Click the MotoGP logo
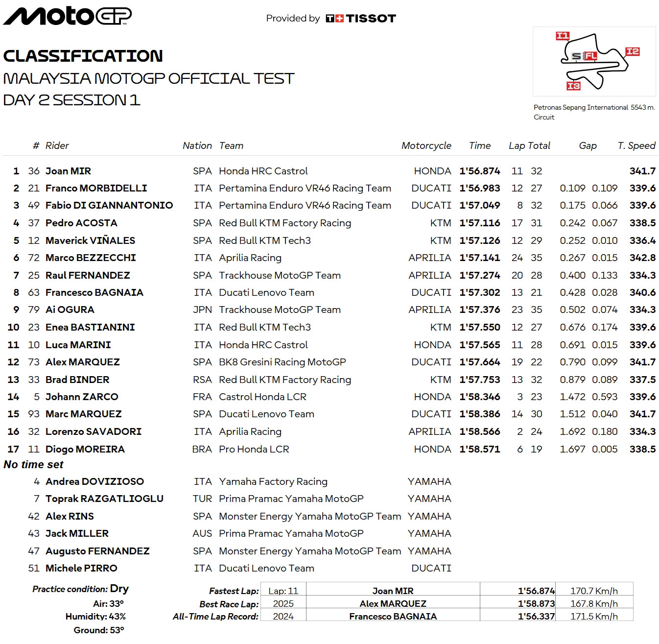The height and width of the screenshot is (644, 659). click(68, 16)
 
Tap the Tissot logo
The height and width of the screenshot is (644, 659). click(361, 19)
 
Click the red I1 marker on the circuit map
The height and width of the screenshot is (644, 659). click(563, 36)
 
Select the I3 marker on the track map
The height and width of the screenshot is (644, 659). click(573, 86)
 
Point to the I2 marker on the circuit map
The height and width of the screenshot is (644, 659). click(633, 51)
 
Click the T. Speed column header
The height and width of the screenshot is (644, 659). click(636, 145)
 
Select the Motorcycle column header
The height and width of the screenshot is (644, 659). click(426, 145)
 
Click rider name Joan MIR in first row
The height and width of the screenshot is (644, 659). click(68, 171)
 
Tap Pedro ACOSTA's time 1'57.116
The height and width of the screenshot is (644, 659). click(479, 223)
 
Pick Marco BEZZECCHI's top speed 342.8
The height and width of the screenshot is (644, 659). click(642, 258)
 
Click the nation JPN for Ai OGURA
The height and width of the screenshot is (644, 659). click(202, 310)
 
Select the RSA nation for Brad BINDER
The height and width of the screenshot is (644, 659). click(202, 380)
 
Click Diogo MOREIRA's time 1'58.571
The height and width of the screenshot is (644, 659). click(479, 449)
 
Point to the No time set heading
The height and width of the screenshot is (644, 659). click(33, 464)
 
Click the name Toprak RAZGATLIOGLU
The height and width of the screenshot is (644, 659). click(104, 499)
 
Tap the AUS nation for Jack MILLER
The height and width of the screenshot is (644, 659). click(202, 533)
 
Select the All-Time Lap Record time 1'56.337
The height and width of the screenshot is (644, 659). click(536, 616)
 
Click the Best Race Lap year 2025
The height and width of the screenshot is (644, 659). click(283, 604)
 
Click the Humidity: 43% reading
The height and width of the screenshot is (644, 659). click(95, 617)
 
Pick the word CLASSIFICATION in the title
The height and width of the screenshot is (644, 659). click(83, 56)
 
